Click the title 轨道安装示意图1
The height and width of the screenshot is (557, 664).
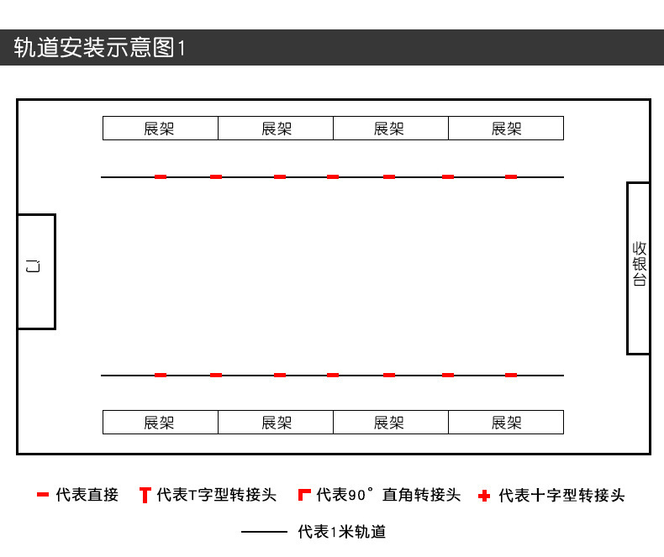coord(99,48)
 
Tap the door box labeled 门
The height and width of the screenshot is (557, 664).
coord(36,271)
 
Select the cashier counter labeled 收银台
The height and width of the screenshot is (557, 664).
coord(639,268)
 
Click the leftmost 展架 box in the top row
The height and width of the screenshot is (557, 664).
coord(160,129)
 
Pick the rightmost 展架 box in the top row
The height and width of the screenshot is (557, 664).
coord(506,129)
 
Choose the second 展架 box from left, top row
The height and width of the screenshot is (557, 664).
coord(276,129)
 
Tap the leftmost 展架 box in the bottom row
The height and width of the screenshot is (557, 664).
coord(160,423)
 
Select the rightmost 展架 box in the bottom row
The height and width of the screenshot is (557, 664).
coord(506,423)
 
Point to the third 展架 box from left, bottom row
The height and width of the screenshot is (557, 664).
coord(390,423)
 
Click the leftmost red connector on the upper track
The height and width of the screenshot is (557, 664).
coord(161,177)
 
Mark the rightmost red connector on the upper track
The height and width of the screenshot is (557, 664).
coord(511,177)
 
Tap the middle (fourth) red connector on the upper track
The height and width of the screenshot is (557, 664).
coord(333,177)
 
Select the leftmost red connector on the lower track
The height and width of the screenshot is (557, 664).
coord(161,376)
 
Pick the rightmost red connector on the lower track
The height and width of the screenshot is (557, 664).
coord(511,376)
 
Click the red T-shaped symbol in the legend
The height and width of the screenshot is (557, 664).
coord(145,496)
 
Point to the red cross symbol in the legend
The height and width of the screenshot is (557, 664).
coord(483,496)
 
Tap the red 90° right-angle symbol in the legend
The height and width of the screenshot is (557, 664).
coord(304,495)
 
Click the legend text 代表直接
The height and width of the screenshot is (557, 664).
coord(87,496)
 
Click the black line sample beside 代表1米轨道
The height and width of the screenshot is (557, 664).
coord(264,532)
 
